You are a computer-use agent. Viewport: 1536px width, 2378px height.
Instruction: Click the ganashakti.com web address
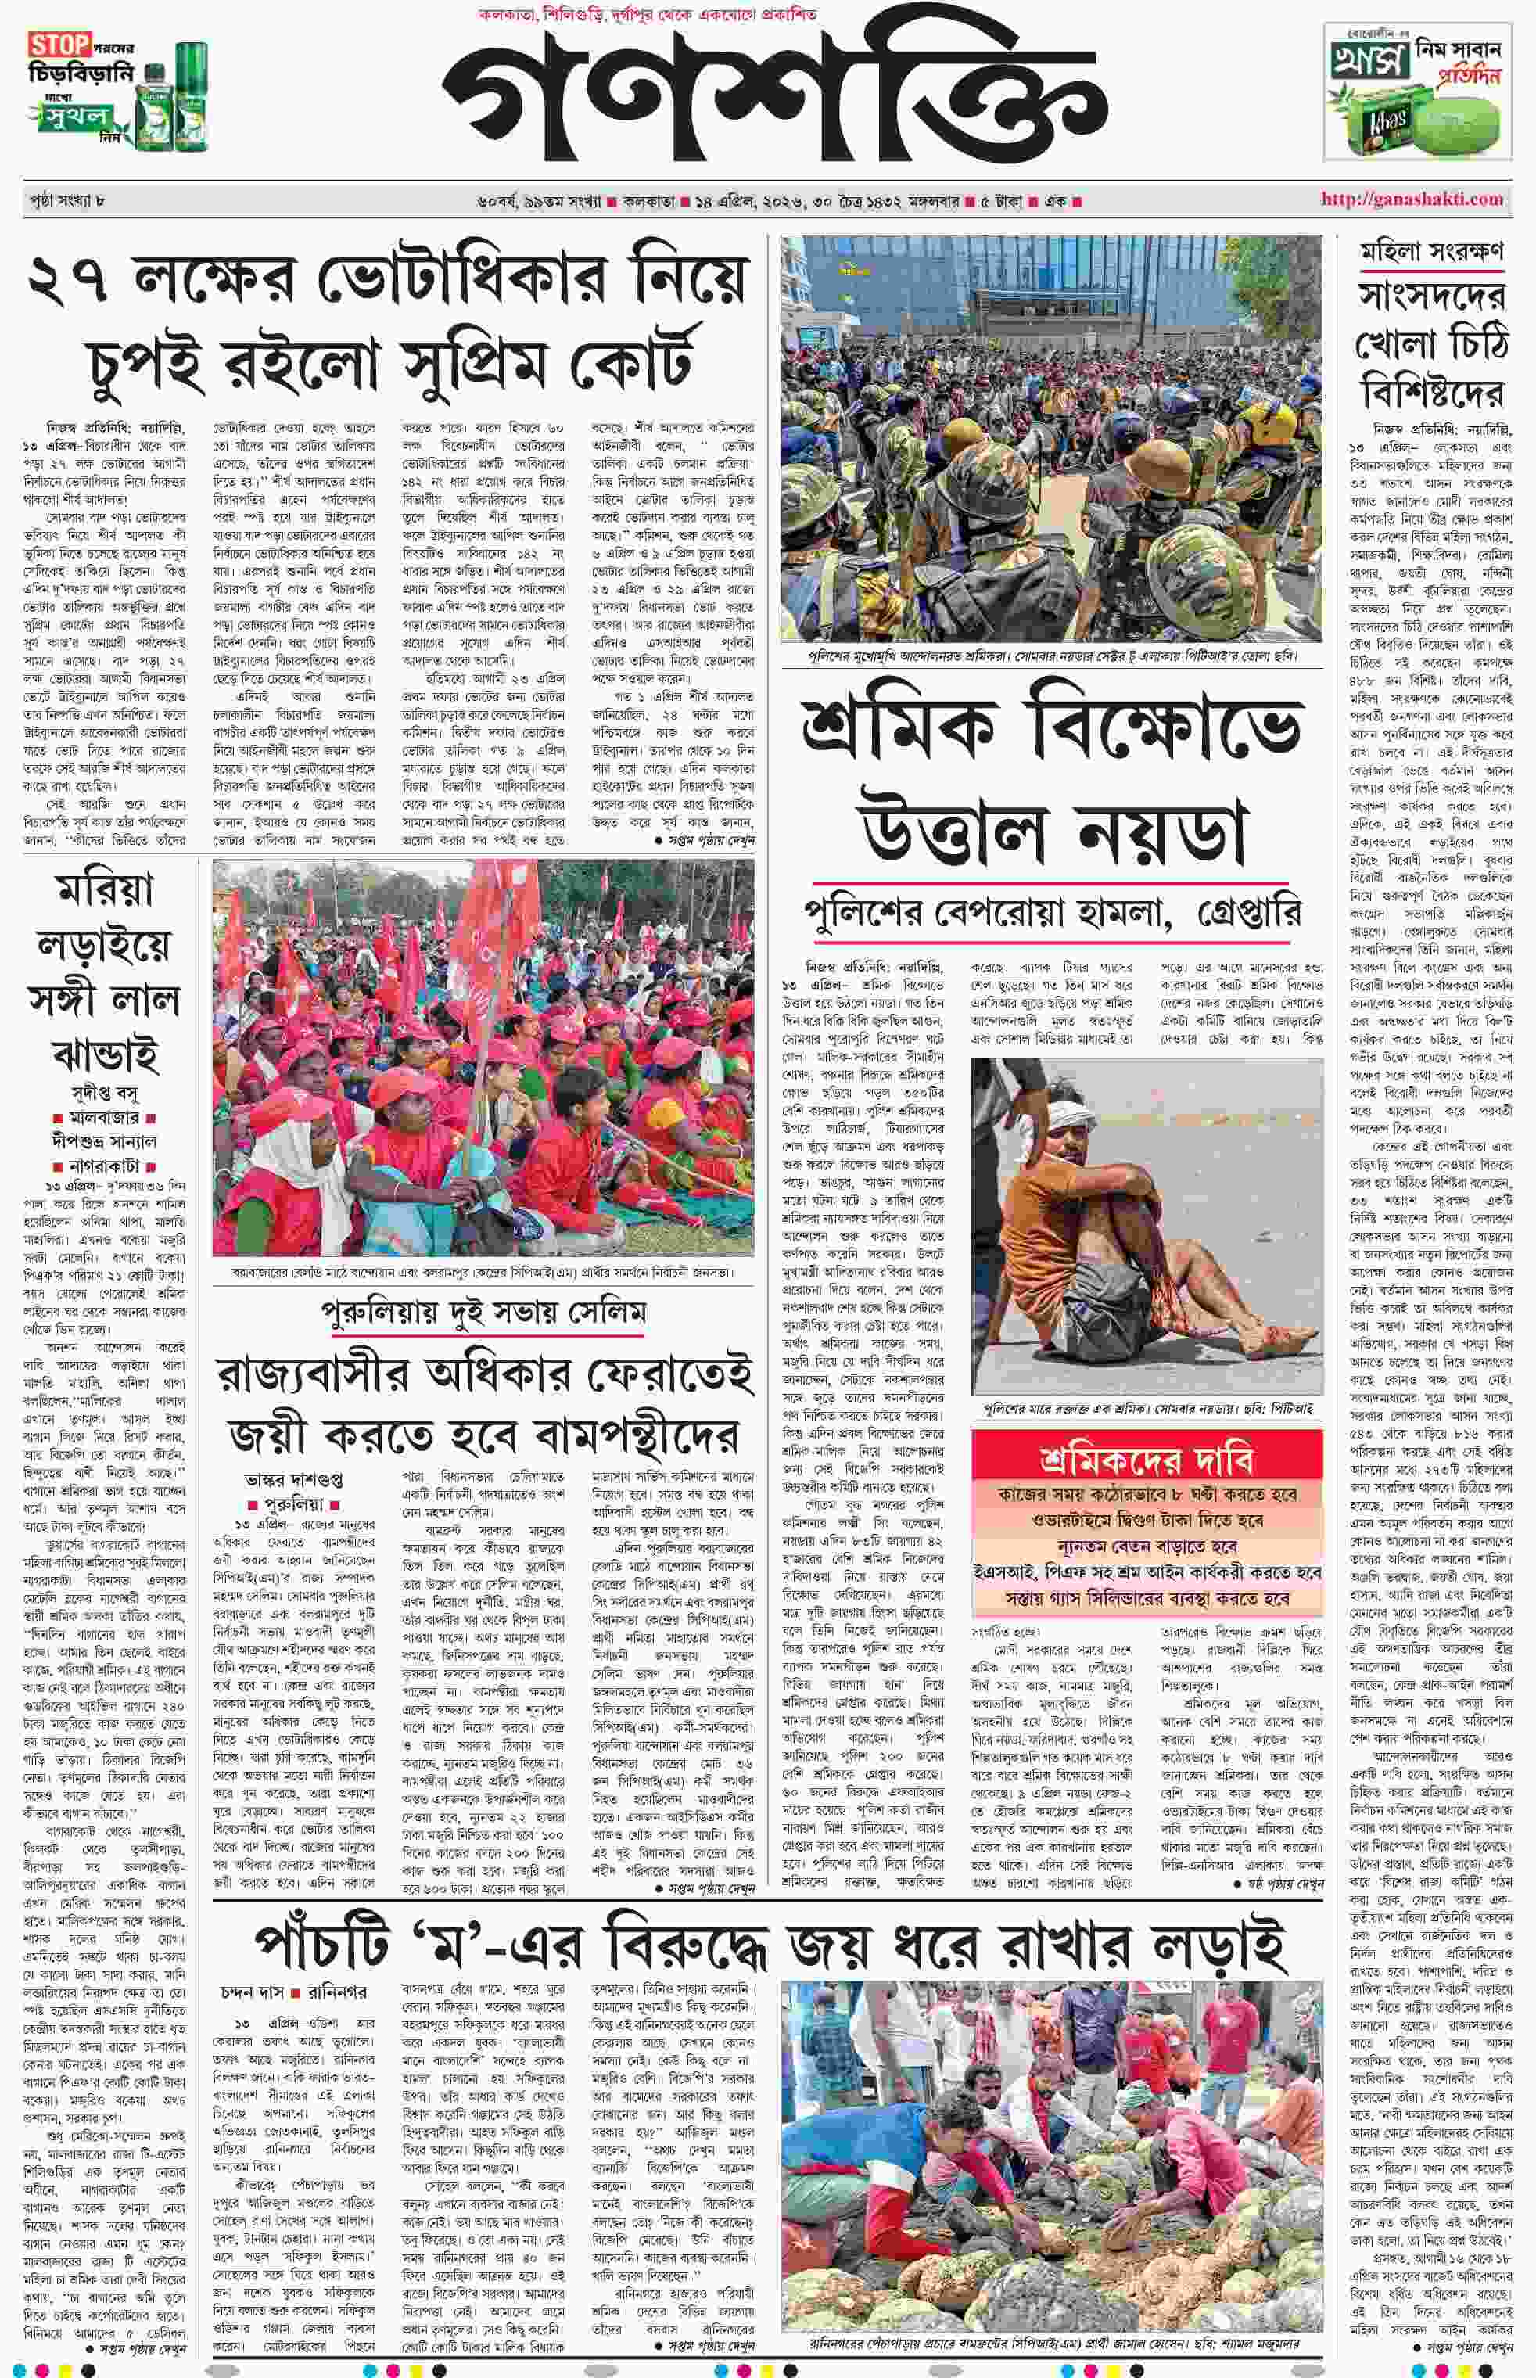click(x=1412, y=199)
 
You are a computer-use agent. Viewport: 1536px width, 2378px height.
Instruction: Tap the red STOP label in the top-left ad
click(x=60, y=45)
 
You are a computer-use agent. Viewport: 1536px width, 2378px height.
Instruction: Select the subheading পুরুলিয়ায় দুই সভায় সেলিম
click(x=484, y=1313)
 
